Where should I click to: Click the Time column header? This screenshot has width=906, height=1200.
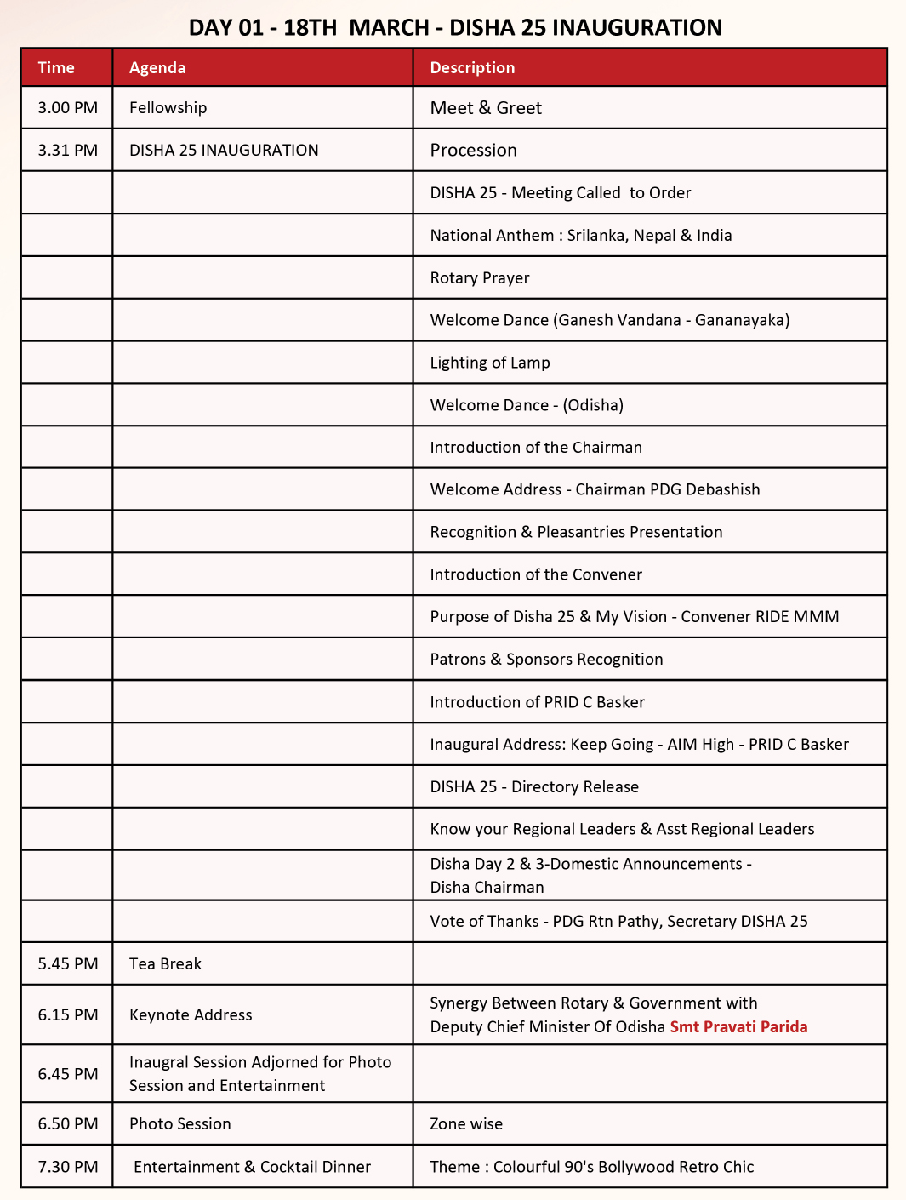[56, 68]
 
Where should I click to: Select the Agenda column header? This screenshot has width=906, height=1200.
[157, 68]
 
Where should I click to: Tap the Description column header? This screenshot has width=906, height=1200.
[472, 68]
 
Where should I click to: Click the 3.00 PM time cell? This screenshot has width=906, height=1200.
[68, 108]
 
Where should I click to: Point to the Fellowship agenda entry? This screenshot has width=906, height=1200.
[168, 108]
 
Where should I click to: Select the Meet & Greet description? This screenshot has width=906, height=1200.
[486, 108]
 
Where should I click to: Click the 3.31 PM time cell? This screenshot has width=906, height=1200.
[68, 151]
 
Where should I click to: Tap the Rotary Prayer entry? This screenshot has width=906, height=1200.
[480, 278]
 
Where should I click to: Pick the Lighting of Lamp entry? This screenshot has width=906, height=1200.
[490, 363]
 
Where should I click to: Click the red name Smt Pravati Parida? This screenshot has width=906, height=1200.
[738, 1027]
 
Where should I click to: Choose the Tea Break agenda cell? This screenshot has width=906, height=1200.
[165, 964]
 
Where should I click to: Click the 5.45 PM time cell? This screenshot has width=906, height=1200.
[68, 964]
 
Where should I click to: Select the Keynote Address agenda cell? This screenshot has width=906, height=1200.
[191, 1015]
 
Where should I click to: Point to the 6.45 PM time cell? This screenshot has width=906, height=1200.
[68, 1074]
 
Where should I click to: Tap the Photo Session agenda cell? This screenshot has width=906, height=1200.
[180, 1124]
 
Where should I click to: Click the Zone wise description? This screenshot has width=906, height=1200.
[466, 1124]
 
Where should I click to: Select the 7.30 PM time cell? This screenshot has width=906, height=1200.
[68, 1167]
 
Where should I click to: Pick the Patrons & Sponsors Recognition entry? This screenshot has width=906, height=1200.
[546, 660]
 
